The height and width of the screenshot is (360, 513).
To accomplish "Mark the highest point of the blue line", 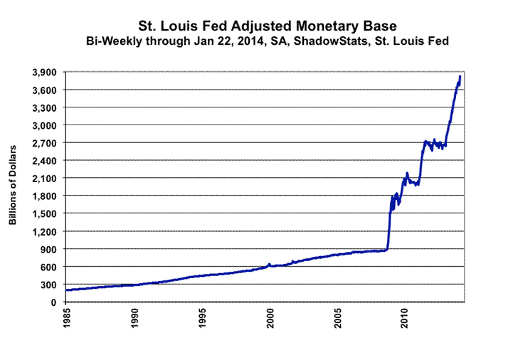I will [x=460, y=76].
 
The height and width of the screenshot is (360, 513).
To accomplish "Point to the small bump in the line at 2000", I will [x=269, y=264].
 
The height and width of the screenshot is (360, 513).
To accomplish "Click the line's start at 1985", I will [x=66, y=290].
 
